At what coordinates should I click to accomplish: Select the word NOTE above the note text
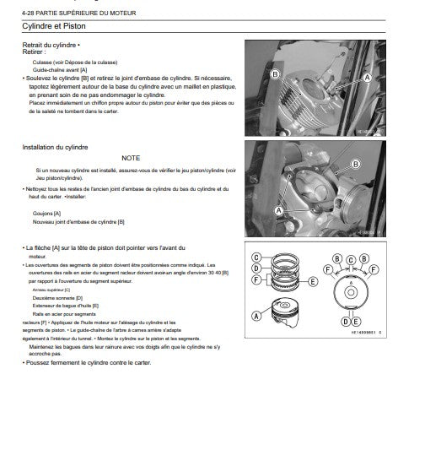(131, 158)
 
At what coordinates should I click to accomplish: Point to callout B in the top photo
(275, 74)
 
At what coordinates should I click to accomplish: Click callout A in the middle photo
(278, 209)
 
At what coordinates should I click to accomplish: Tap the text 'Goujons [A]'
(51, 214)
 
